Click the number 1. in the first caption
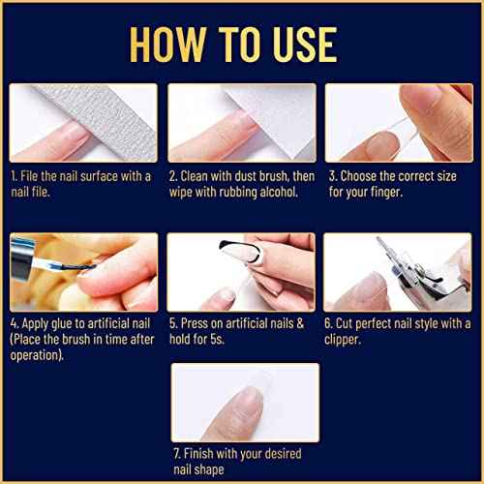coord(16,176)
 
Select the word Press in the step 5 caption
coord(197,322)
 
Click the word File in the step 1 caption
coord(36,176)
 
